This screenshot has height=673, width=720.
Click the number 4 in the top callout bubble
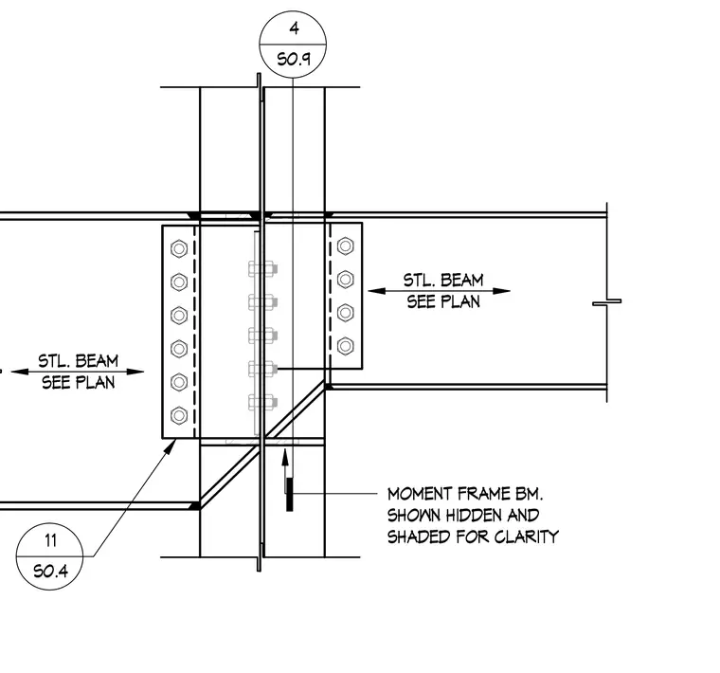tap(295, 28)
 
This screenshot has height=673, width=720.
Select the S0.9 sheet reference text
tap(294, 60)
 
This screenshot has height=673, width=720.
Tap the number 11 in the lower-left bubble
tap(50, 540)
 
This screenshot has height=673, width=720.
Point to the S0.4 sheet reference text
tap(50, 571)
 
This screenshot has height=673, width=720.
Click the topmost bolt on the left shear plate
tap(179, 248)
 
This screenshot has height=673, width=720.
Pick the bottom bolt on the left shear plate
tap(179, 416)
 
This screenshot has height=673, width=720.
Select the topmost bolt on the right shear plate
tap(345, 246)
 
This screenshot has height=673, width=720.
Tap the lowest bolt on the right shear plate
tap(345, 346)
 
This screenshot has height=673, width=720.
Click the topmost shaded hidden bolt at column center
tap(262, 269)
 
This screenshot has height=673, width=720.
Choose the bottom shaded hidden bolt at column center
tap(262, 402)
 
